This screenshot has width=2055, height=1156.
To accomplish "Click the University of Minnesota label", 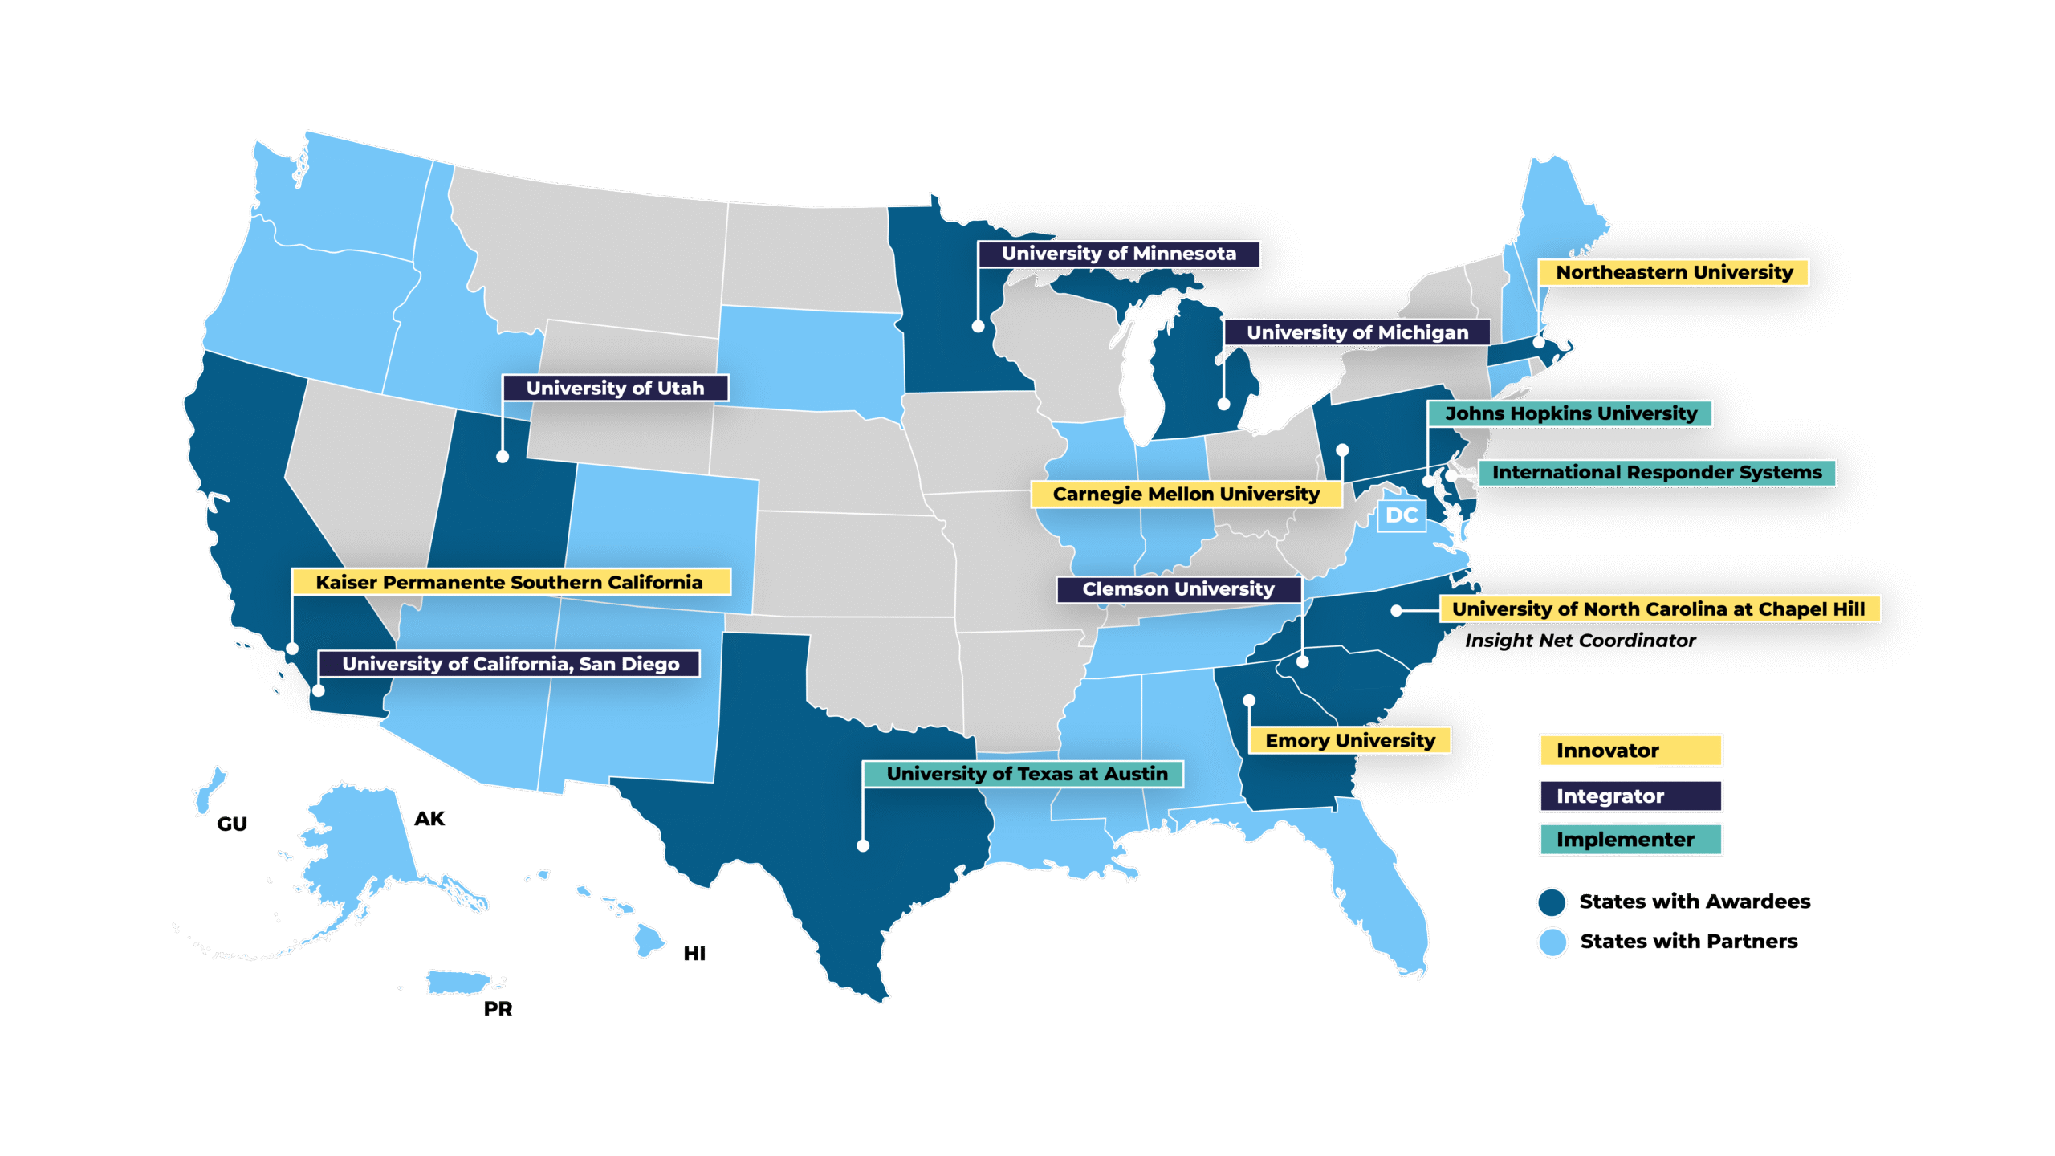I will pyautogui.click(x=1118, y=254).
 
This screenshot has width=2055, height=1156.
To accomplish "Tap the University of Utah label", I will pyautogui.click(x=615, y=389).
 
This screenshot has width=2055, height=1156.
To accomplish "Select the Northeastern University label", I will pyautogui.click(x=1674, y=273).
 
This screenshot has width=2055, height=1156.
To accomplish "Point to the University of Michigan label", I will pyautogui.click(x=1357, y=332).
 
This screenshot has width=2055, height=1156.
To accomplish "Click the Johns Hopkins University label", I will pyautogui.click(x=1570, y=413).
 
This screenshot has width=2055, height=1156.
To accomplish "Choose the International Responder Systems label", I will pyautogui.click(x=1657, y=473).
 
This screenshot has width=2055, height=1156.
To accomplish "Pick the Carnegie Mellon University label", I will pyautogui.click(x=1186, y=495).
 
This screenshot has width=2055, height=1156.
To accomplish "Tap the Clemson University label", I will pyautogui.click(x=1178, y=589).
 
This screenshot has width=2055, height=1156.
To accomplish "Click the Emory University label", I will pyautogui.click(x=1349, y=740).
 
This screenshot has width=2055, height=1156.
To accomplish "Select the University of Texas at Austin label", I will pyautogui.click(x=1026, y=774).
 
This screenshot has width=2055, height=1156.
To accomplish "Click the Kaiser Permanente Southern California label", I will pyautogui.click(x=510, y=582).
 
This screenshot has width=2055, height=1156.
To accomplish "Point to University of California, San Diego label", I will pyautogui.click(x=510, y=664).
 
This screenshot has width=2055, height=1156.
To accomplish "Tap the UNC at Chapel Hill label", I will pyautogui.click(x=1658, y=609).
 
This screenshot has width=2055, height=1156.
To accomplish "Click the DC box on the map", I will pyautogui.click(x=1402, y=515).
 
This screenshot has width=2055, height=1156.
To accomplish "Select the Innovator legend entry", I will pyautogui.click(x=1630, y=751).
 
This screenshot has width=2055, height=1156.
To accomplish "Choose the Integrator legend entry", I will pyautogui.click(x=1630, y=796).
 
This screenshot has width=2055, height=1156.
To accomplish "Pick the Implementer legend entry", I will pyautogui.click(x=1630, y=840).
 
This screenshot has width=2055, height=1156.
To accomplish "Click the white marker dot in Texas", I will pyautogui.click(x=863, y=845).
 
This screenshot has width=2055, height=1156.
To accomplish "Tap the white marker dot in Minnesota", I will pyautogui.click(x=978, y=326).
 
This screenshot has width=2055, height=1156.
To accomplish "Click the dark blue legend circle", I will pyautogui.click(x=1552, y=902).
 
